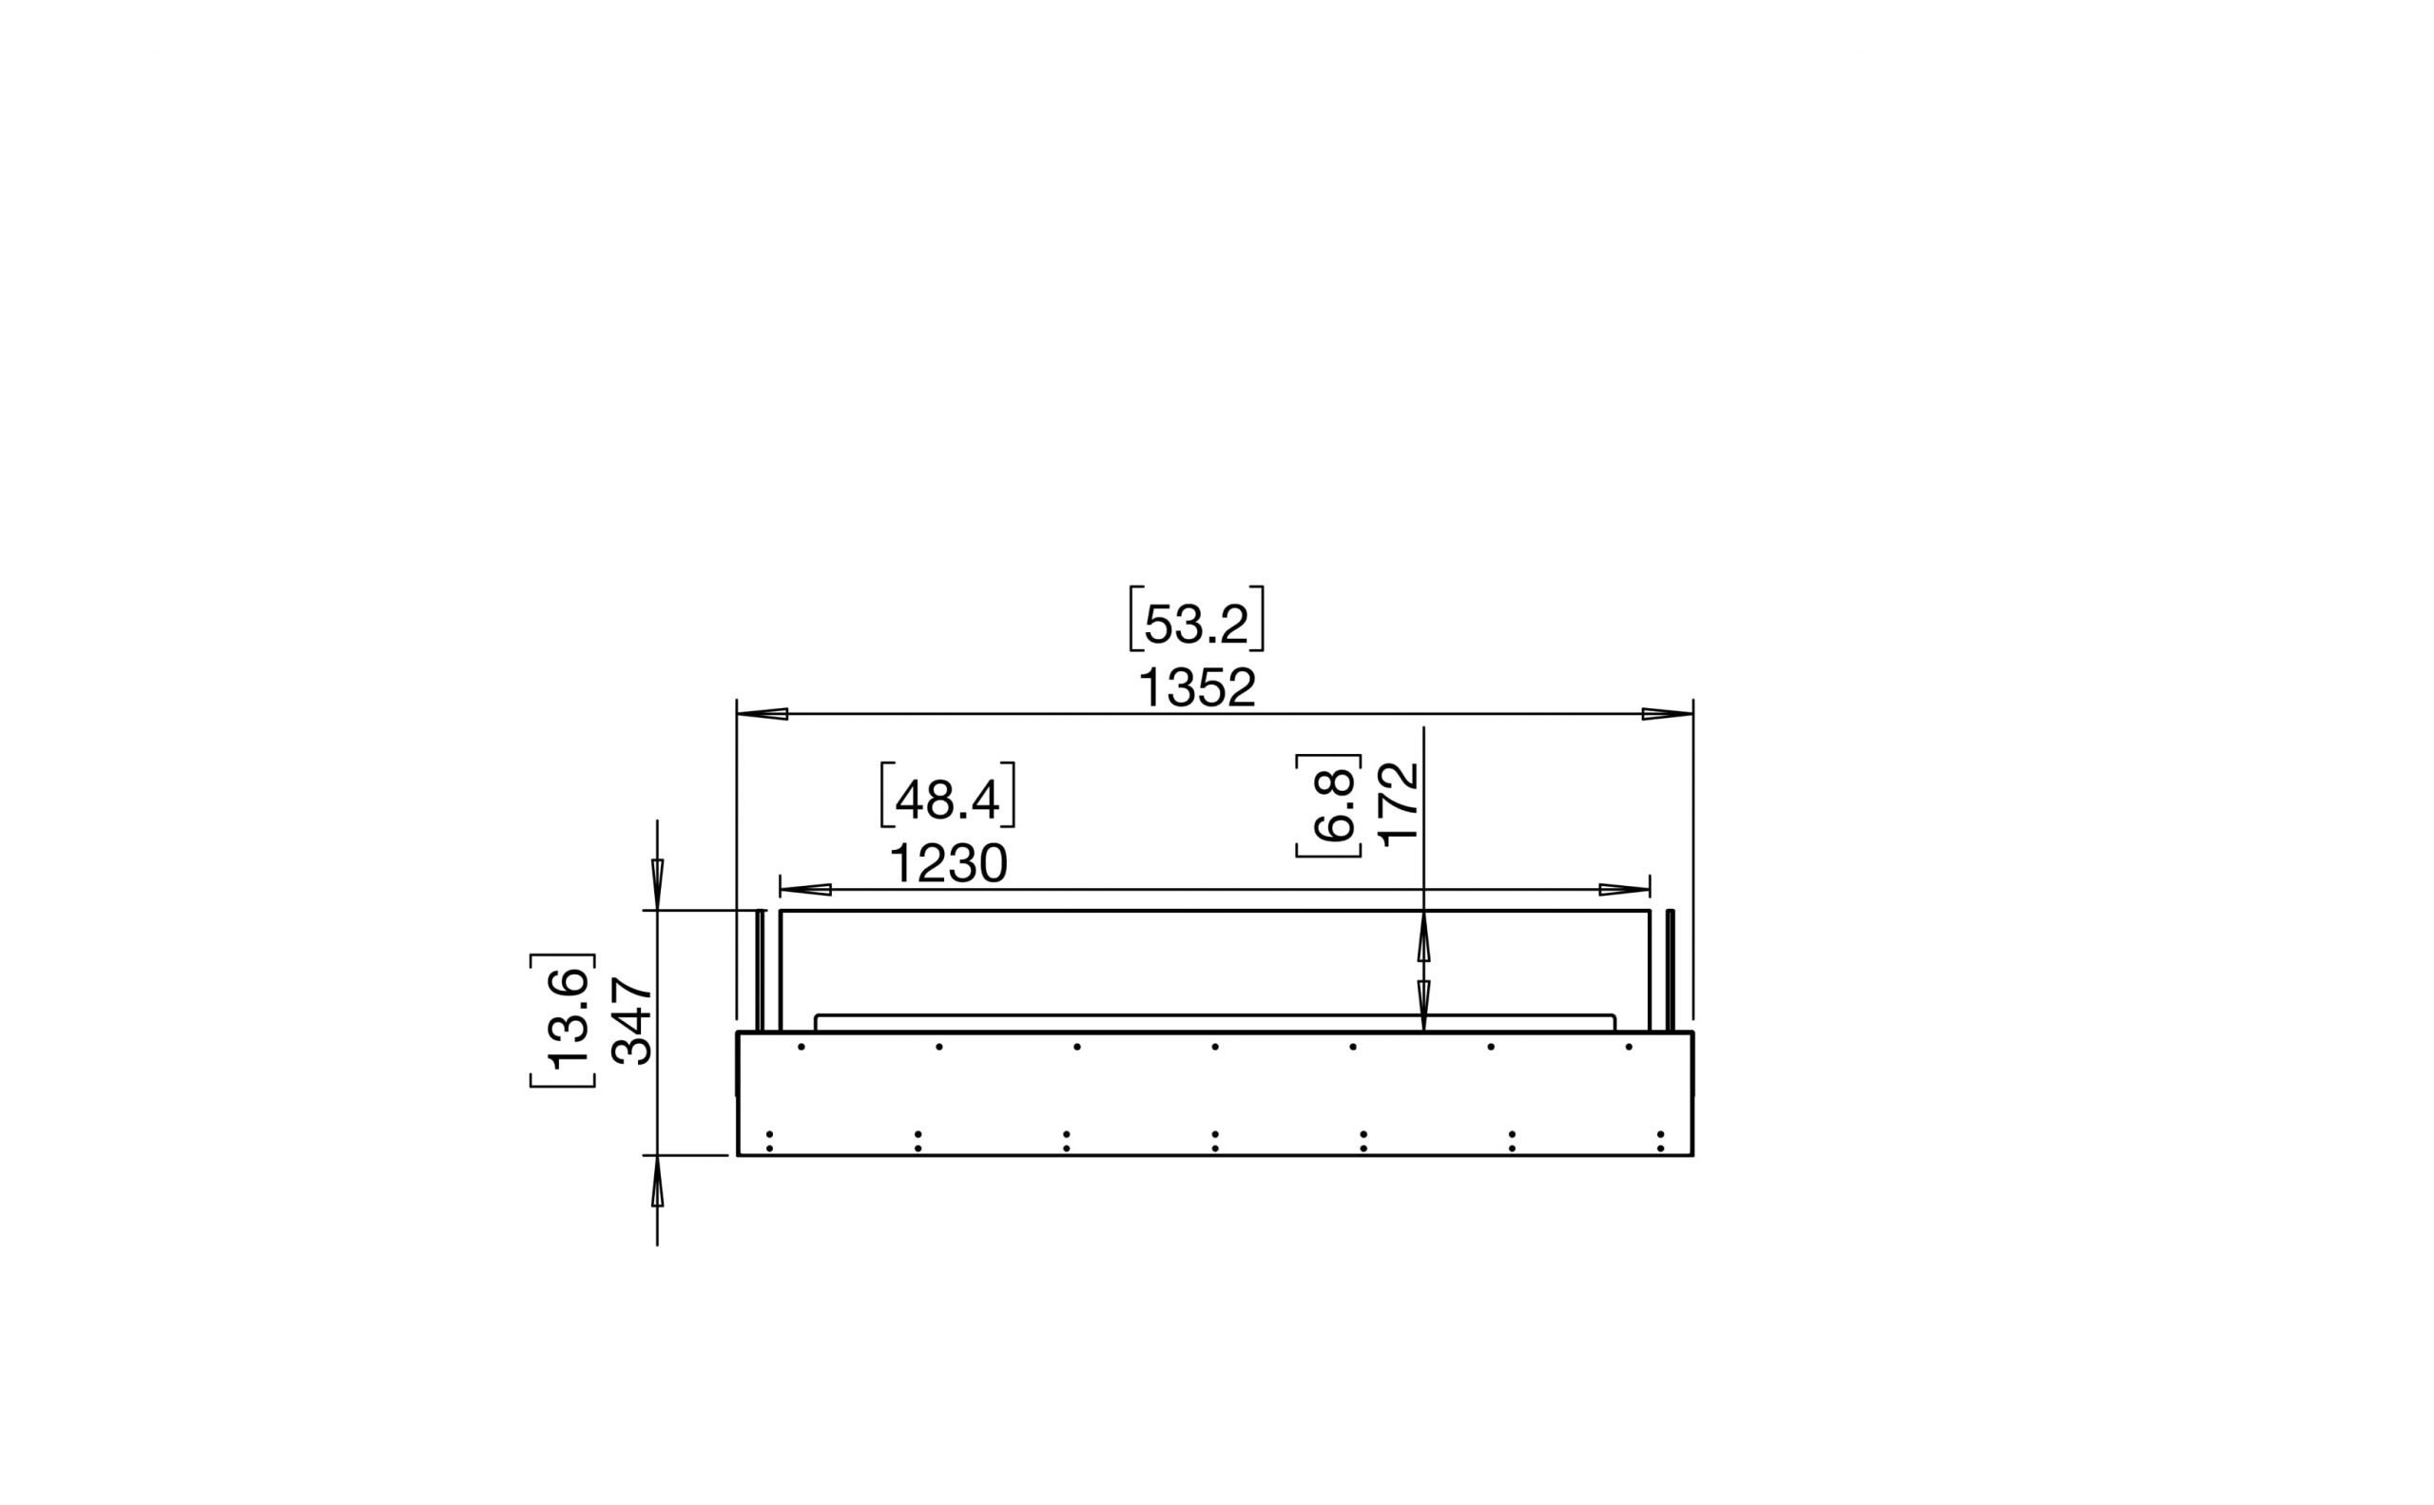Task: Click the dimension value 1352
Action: pyautogui.click(x=1197, y=687)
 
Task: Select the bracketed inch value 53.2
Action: pyautogui.click(x=1197, y=625)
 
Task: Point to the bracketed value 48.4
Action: pyautogui.click(x=948, y=800)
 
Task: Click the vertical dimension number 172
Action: pyautogui.click(x=1400, y=804)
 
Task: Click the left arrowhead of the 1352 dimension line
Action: pyautogui.click(x=763, y=714)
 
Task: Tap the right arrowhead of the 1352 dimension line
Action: pyautogui.click(x=1668, y=714)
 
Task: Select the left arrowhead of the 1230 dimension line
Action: pyautogui.click(x=805, y=889)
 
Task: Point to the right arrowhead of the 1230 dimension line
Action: pyautogui.click(x=1625, y=889)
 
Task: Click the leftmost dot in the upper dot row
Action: pyautogui.click(x=801, y=1047)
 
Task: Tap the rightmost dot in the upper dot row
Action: pyautogui.click(x=1629, y=1047)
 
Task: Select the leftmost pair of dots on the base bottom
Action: pyautogui.click(x=769, y=1141)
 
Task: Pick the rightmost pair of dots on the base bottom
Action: pyautogui.click(x=1660, y=1141)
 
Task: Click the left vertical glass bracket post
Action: pyautogui.click(x=761, y=971)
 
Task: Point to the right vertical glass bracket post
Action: pyautogui.click(x=1671, y=971)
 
